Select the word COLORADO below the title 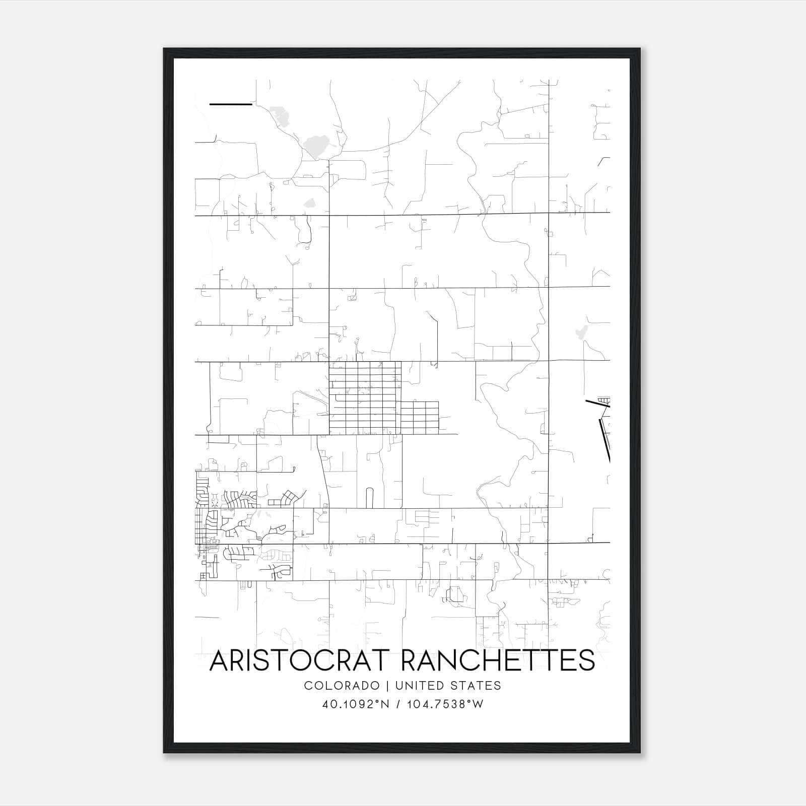[x=342, y=686]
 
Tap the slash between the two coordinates [x=398, y=704]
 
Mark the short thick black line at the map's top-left [x=230, y=104]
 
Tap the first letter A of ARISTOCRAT [x=219, y=660]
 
